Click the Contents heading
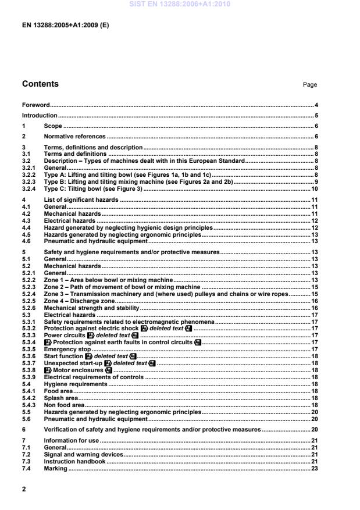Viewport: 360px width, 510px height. point(40,84)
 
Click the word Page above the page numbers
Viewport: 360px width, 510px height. point(310,85)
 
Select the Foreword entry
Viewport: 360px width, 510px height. point(35,105)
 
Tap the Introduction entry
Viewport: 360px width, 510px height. point(40,115)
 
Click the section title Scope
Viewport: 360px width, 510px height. point(53,126)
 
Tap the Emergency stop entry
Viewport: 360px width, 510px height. point(66,333)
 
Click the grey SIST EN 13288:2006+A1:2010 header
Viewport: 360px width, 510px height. point(180,4)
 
